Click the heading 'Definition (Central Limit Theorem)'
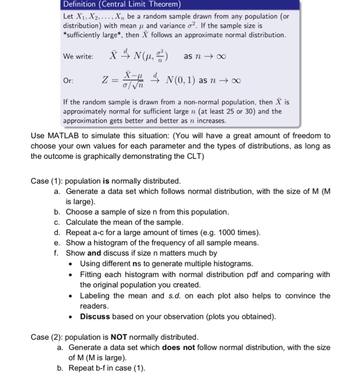(x=122, y=5)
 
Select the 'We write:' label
(x=78, y=56)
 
